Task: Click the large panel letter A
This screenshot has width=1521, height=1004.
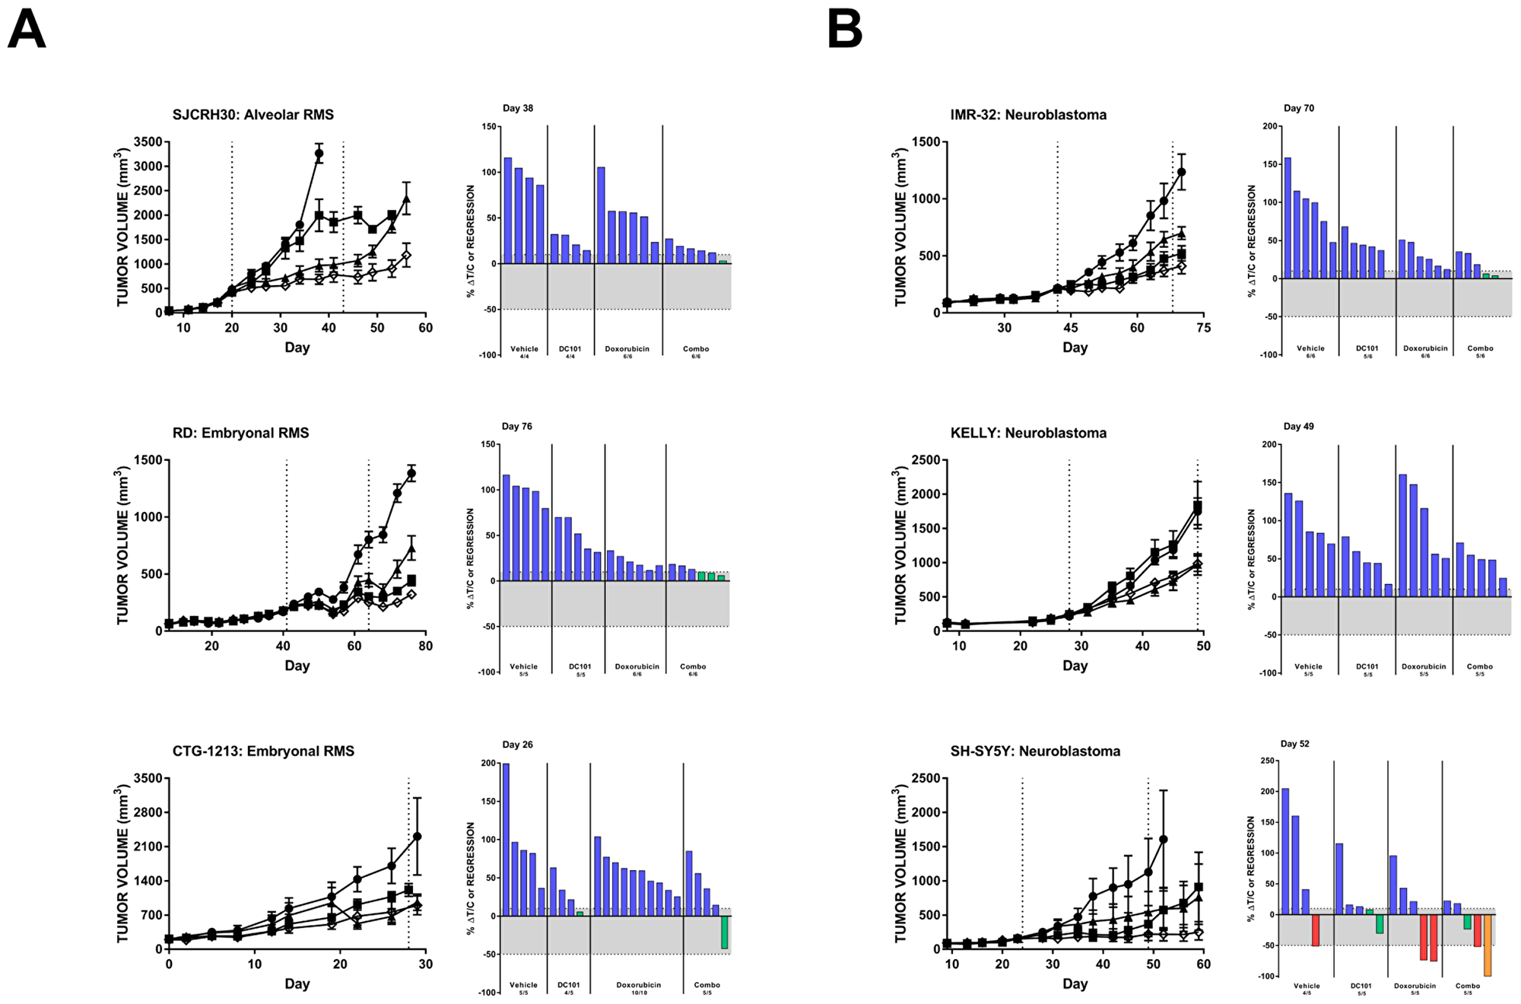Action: click(x=27, y=30)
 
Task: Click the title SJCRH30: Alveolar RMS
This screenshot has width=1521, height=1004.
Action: click(x=252, y=115)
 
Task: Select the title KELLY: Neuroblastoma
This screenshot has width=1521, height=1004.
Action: click(x=1028, y=433)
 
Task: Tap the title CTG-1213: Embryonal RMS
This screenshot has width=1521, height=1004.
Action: click(x=263, y=751)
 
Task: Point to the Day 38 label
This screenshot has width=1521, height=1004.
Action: click(x=517, y=108)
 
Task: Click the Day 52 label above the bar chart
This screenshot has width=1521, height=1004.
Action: click(x=1295, y=744)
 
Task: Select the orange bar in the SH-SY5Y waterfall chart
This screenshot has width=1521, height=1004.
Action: click(x=1488, y=945)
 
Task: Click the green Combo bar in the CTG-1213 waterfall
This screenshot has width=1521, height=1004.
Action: click(x=724, y=933)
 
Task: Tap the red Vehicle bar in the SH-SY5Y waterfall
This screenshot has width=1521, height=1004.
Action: click(x=1316, y=930)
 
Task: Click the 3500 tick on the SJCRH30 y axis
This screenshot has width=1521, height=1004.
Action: click(x=148, y=142)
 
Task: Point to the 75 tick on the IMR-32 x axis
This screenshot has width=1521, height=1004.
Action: click(x=1203, y=328)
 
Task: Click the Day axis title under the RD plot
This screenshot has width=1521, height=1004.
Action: click(x=297, y=666)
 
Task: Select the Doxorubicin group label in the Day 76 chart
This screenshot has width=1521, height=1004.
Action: click(x=637, y=666)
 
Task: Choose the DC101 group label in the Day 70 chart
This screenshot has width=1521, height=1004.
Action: click(x=1367, y=348)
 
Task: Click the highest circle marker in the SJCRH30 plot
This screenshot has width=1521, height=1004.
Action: click(x=319, y=154)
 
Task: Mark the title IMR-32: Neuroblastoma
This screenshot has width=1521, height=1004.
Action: click(x=1028, y=115)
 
